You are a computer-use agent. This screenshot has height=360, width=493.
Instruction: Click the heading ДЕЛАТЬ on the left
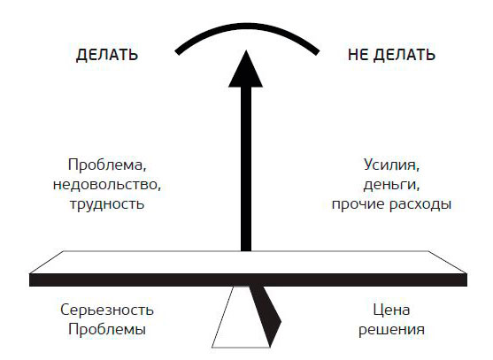[x=107, y=56]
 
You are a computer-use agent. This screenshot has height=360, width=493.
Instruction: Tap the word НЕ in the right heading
[x=358, y=55]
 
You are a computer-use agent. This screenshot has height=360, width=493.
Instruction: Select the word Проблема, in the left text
[x=107, y=165]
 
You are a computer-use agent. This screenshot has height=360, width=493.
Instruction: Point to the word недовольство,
[x=107, y=185]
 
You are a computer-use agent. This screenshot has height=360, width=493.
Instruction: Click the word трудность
[x=107, y=204]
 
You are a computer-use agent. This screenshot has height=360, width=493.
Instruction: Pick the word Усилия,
[x=391, y=165]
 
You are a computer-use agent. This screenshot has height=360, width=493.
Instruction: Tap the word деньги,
[x=391, y=185]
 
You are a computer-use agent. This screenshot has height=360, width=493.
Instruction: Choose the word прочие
[x=358, y=204]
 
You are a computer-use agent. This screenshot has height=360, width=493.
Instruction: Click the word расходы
[x=420, y=204]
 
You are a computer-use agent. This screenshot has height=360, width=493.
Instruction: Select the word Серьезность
[x=107, y=310]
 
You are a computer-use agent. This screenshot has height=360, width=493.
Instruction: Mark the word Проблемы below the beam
[x=107, y=330]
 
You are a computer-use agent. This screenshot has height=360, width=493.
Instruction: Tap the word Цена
[x=391, y=310]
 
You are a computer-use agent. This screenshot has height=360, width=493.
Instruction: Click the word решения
[x=391, y=330]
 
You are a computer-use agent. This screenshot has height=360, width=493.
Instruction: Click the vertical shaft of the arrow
[x=246, y=169]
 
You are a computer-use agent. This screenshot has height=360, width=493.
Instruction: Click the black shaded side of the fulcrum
[x=266, y=314]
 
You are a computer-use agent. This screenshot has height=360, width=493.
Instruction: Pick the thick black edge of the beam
[x=248, y=280]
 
